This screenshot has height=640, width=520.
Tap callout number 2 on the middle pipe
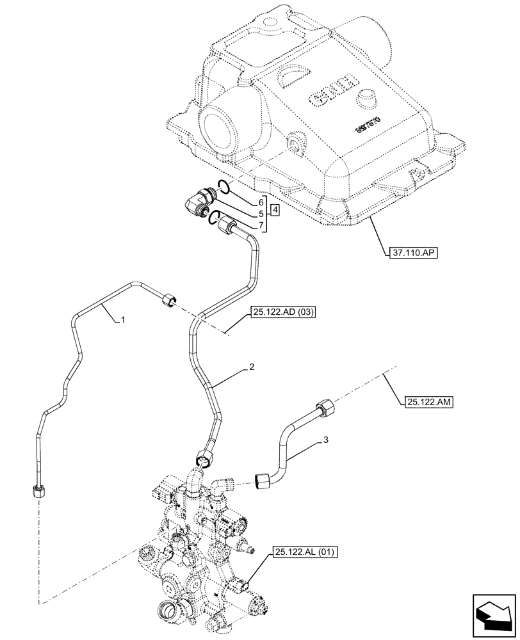pyautogui.click(x=252, y=367)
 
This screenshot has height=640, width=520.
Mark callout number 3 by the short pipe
pyautogui.click(x=326, y=441)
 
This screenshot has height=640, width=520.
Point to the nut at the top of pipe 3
pyautogui.click(x=324, y=406)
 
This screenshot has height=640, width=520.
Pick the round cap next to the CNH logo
pyautogui.click(x=369, y=99)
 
